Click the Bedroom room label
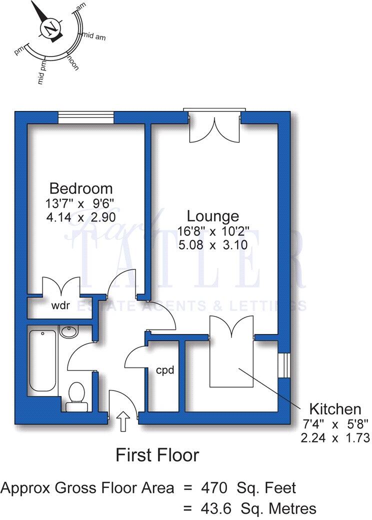(80, 188)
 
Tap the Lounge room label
(212, 216)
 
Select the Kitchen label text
(334, 408)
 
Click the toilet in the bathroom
(76, 393)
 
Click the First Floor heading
(157, 455)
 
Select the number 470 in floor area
(213, 487)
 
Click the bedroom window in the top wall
(86, 117)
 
